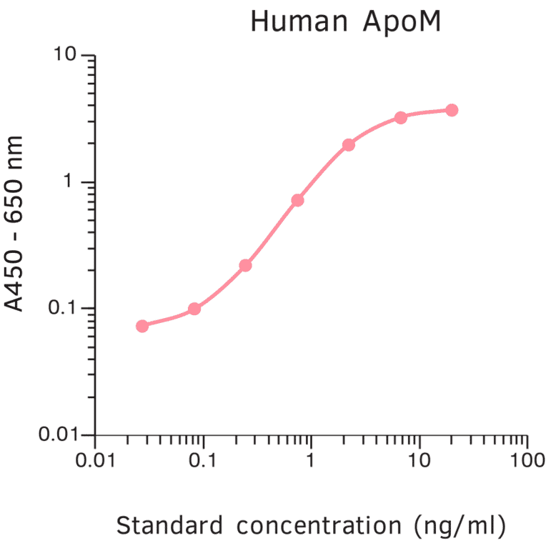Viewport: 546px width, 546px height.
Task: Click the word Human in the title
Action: click(295, 23)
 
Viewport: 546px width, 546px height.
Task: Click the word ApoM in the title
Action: click(394, 23)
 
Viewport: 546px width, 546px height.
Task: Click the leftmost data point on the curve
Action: click(142, 326)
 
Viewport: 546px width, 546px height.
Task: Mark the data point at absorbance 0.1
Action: click(194, 309)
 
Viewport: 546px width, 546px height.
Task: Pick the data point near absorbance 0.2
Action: click(245, 265)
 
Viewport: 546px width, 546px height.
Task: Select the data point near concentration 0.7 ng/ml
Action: click(297, 200)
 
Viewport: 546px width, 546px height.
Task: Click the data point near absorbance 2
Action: click(349, 145)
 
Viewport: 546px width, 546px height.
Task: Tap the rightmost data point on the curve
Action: click(452, 110)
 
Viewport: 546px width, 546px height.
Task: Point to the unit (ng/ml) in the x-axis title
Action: click(460, 527)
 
